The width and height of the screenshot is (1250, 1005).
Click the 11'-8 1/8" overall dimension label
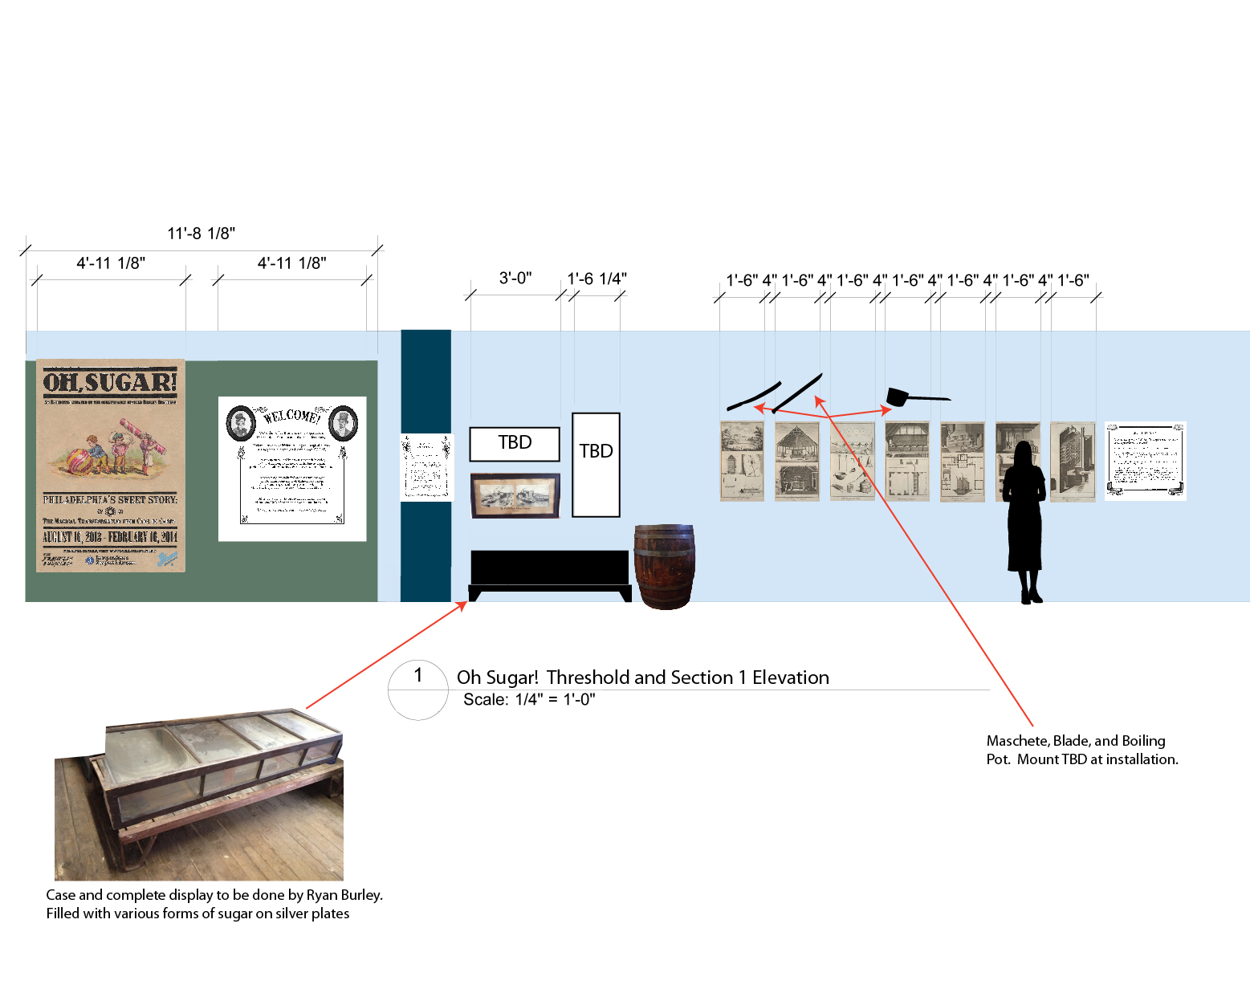[201, 234]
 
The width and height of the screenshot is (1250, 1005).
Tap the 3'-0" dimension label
[515, 278]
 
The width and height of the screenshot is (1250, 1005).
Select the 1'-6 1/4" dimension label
[596, 279]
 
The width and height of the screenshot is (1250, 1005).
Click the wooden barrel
[664, 567]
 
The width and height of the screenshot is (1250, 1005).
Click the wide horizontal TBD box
[515, 443]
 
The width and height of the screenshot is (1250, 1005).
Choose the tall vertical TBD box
[596, 464]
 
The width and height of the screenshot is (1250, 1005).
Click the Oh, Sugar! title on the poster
[110, 382]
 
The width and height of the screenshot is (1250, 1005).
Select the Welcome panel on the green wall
[292, 468]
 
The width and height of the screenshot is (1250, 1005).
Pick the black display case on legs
[549, 572]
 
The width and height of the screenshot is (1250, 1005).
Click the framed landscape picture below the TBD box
[515, 495]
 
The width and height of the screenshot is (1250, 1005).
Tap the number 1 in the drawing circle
[417, 675]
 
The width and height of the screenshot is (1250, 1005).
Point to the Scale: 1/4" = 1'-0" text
[529, 700]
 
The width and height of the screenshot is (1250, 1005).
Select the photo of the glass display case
[199, 795]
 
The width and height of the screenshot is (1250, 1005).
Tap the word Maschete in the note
[1016, 741]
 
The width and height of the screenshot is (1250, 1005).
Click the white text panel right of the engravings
[1145, 461]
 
